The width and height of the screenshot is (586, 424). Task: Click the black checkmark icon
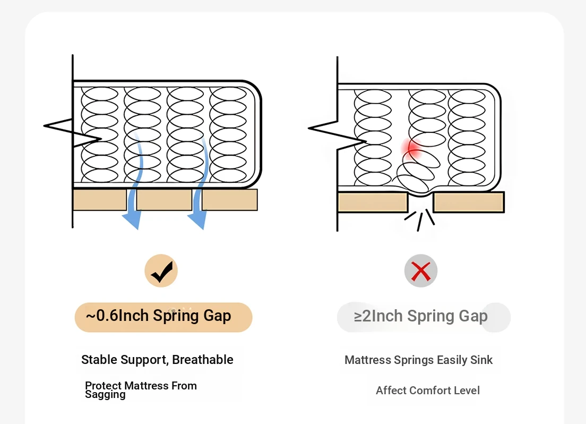161,272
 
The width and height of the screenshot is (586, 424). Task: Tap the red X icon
421,272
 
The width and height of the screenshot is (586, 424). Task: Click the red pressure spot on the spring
412,148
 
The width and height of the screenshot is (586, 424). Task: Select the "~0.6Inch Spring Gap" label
159,316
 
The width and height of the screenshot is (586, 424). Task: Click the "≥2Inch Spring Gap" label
421,316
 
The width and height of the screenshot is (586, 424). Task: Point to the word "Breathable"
203,360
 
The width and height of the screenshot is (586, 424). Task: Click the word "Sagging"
105,395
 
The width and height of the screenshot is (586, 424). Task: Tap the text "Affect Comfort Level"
427,391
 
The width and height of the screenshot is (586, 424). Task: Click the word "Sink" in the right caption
481,360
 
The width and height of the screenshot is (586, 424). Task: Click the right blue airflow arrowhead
197,220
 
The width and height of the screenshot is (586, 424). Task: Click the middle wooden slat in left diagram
164,199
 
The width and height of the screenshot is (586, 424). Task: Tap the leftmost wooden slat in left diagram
100,199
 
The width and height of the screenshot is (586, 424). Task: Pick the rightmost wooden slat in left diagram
229,199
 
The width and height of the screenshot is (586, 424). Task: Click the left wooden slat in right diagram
373,202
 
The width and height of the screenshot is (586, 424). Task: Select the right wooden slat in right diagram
469,202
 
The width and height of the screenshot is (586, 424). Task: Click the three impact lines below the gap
420,220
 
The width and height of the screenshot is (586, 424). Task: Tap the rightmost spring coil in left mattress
228,135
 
